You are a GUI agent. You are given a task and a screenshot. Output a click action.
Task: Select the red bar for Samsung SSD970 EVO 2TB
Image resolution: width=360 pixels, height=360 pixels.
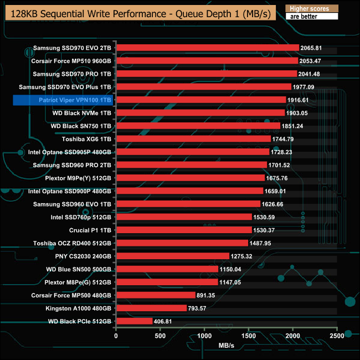[x=207, y=48]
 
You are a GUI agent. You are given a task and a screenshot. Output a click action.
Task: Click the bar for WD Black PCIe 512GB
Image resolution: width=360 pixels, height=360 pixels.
[x=134, y=321]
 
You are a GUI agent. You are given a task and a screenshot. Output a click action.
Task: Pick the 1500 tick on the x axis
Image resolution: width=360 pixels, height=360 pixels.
[x=249, y=336]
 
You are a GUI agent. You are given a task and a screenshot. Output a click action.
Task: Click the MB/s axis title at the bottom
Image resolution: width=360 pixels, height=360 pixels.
[x=227, y=346]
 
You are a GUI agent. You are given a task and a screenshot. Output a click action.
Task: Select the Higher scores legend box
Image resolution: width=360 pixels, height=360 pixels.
[x=311, y=9]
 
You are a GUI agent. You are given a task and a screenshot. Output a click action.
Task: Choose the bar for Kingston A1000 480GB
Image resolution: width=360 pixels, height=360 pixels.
[x=151, y=308]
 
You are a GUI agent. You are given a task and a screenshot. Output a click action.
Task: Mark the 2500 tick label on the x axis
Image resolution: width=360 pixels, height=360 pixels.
[x=337, y=336]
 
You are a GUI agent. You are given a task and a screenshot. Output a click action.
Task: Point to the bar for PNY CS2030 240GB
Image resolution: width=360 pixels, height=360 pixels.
[x=172, y=256]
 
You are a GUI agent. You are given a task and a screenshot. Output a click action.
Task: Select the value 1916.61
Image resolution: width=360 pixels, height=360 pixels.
[x=300, y=100]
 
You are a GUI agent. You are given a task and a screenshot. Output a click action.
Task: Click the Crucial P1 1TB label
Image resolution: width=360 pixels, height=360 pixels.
[x=90, y=230]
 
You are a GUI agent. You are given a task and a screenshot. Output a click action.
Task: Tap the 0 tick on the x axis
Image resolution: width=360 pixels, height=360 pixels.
[x=116, y=336]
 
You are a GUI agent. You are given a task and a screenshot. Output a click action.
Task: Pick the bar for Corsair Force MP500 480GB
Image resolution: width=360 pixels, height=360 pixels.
[x=156, y=295]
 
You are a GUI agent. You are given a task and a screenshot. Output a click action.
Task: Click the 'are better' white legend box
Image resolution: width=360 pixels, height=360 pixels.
[x=311, y=17]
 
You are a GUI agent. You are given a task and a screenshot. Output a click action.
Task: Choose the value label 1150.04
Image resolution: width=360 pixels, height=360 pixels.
[x=233, y=269]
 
